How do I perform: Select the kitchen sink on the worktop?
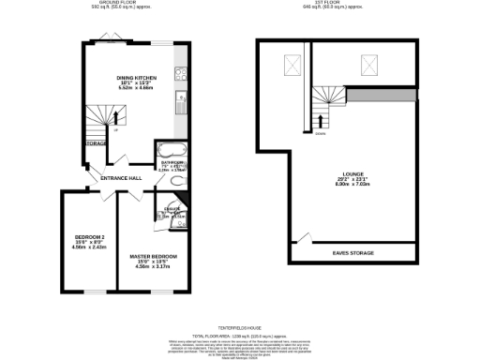[x=185, y=102]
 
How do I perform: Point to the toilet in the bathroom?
[x=179, y=183]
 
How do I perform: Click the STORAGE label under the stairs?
[x=96, y=143]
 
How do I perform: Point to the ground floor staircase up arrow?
[x=116, y=117]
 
